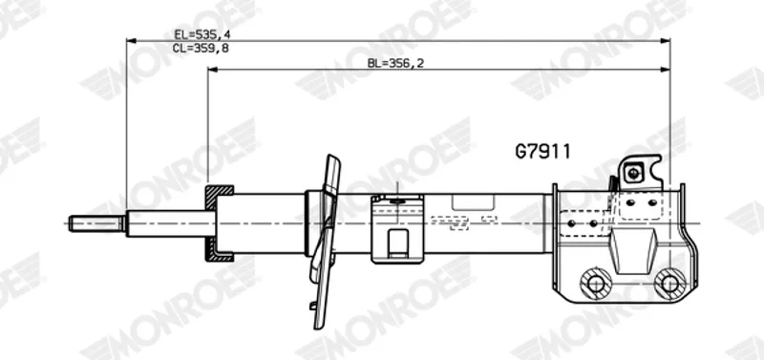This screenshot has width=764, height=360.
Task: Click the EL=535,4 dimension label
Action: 202,34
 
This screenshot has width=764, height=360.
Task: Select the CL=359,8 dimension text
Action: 201,48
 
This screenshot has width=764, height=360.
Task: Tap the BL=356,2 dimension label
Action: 395,63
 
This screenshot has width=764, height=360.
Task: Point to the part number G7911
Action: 542,152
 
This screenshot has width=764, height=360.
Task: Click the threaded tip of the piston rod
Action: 96,223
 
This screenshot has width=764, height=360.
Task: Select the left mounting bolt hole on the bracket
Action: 595,282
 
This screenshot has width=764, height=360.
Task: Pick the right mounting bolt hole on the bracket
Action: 669,283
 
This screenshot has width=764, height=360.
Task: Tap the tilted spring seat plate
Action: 325,242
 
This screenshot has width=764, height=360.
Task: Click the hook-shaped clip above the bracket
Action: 641,173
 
